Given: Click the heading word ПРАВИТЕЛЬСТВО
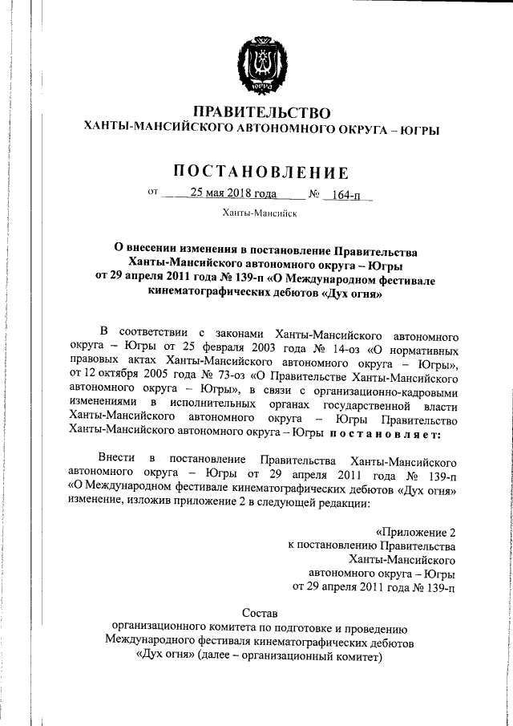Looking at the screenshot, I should coord(262,112).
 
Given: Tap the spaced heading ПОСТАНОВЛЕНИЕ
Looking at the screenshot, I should coord(262,172).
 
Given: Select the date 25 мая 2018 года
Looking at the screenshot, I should coord(233,193).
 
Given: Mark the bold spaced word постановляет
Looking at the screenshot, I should coord(381,436).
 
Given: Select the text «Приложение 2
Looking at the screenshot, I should coord(416,533).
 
